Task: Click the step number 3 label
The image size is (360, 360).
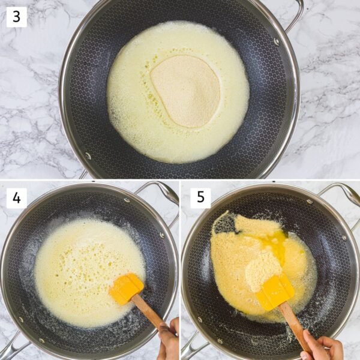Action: pos(16,17)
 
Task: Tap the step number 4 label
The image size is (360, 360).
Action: pos(16,197)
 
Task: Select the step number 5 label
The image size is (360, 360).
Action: pos(200,198)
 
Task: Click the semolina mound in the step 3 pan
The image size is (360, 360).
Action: pos(185,91)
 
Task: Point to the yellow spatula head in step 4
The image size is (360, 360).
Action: pos(126,289)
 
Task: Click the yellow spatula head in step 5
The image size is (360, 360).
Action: pos(274,293)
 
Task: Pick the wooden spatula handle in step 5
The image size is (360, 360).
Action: pos(294,325)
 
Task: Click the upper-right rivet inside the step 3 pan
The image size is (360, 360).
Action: pos(277,42)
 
